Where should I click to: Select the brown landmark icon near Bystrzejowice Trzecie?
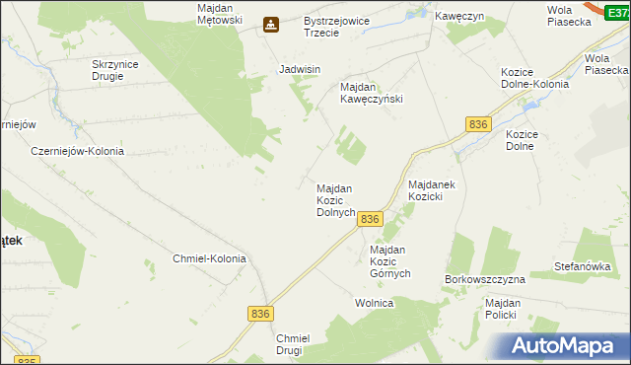pos(270,26)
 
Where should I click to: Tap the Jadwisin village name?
pos(300,70)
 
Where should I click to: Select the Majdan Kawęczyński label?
pos(372,93)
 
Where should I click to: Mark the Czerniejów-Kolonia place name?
pos(77,151)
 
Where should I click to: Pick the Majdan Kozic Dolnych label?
pos(335,200)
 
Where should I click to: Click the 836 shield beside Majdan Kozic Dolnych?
pos(370,219)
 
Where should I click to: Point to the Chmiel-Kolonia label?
pos(208,258)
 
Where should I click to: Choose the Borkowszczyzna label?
pos(485,279)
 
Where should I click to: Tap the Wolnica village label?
pos(375,303)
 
